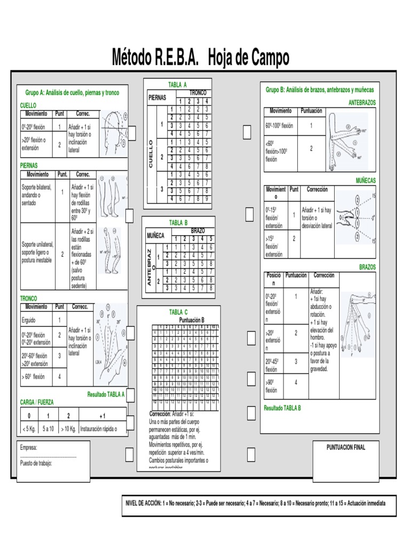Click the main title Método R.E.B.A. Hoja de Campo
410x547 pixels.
coord(200,57)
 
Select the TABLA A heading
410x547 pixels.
coord(178,85)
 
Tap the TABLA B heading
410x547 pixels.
coord(178,222)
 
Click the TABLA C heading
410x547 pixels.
coord(178,312)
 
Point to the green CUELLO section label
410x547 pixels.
coord(28,106)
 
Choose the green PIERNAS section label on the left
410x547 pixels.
coord(29,166)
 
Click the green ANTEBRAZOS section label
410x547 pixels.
coord(362,102)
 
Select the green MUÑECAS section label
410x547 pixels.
coord(366,181)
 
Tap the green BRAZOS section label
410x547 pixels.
coord(367,267)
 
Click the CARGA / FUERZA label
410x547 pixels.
coord(37,402)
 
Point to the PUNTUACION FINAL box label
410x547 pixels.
coord(346,448)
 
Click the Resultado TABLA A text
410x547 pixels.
coord(106,394)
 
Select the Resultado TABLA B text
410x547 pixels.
coord(282,408)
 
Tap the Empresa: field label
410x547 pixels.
coord(29,448)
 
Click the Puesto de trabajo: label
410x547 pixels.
coord(36,464)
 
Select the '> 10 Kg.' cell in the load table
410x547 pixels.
coord(68,428)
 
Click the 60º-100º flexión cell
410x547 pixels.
coord(279,126)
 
